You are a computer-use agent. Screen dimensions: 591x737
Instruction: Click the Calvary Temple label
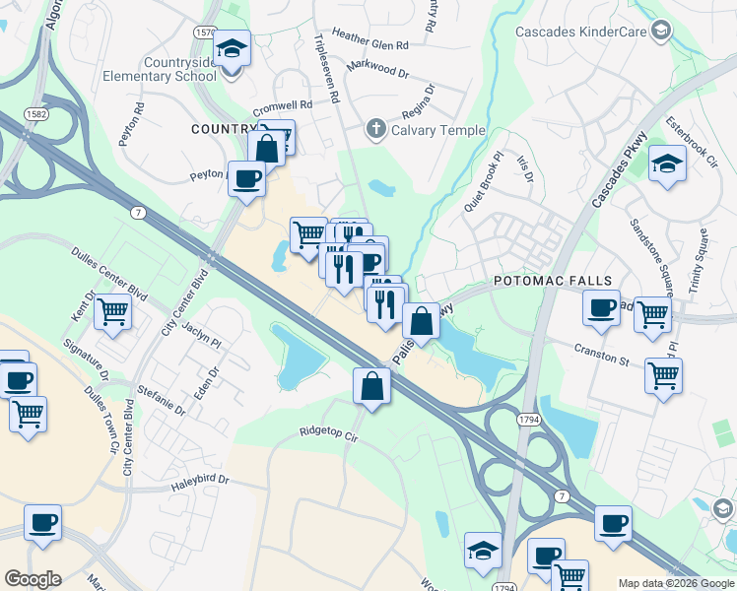(438, 130)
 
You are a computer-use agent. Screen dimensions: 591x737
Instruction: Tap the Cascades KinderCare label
(580, 33)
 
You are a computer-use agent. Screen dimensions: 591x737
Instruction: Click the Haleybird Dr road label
(195, 480)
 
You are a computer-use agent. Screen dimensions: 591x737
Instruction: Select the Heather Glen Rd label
(370, 44)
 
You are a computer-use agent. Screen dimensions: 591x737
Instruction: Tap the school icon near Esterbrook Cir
(667, 164)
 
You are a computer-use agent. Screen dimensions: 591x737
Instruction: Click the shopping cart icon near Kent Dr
(113, 312)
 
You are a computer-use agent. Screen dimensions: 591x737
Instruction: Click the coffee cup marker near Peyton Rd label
(246, 178)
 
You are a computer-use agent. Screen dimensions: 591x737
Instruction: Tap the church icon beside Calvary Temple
(375, 129)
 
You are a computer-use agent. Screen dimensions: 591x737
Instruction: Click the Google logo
(33, 579)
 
